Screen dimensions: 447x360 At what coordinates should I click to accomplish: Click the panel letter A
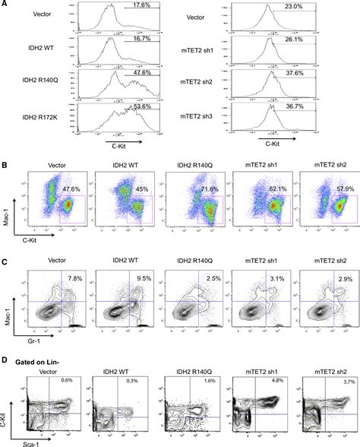click(5, 5)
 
